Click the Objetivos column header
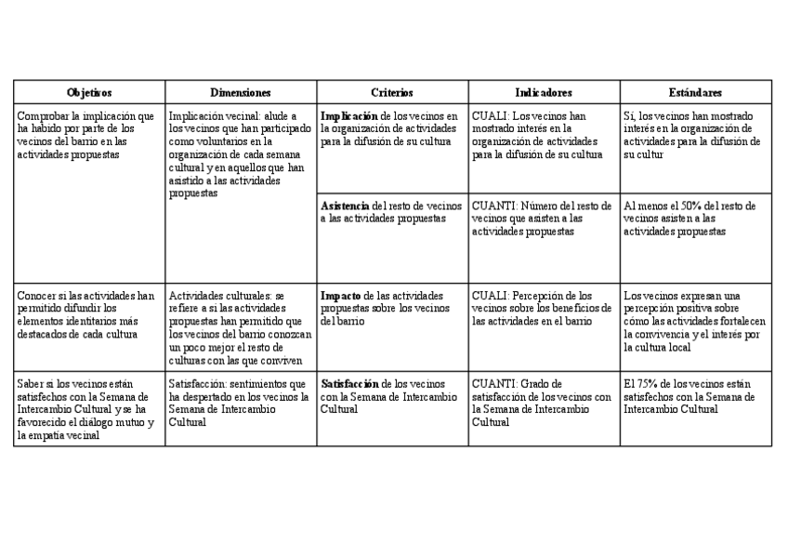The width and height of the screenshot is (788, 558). tap(89, 93)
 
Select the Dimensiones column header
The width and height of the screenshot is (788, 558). tap(240, 93)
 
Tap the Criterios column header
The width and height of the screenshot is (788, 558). tap(392, 93)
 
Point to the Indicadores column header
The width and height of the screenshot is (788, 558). tap(544, 93)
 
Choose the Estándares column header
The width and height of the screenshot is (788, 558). tap(695, 93)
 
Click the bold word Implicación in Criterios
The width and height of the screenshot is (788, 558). tap(348, 116)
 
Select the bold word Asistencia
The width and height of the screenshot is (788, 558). tap(344, 206)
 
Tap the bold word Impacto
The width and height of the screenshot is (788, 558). tap(340, 296)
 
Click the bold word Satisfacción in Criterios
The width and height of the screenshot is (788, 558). tap(350, 383)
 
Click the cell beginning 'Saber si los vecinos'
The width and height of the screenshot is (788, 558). tap(89, 408)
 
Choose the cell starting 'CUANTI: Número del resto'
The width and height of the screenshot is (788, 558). tap(544, 219)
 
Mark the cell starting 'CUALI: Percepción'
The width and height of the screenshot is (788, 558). tap(544, 308)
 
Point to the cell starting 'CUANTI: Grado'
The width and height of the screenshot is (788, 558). tap(544, 402)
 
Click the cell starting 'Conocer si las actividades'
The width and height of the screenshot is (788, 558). tap(89, 314)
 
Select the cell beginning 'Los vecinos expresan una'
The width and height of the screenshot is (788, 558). tap(695, 321)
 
